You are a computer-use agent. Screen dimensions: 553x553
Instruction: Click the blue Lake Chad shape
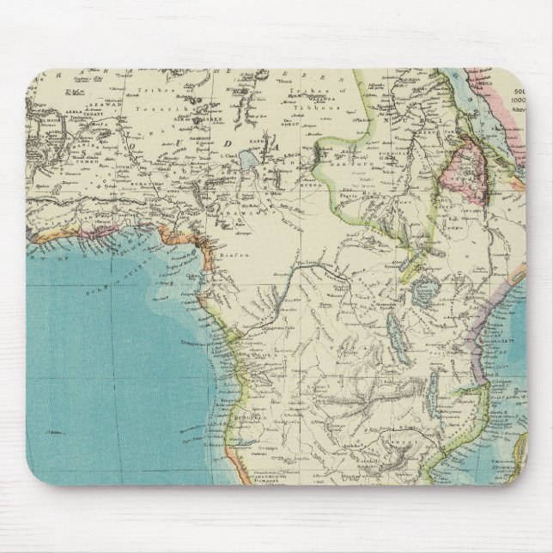point(251,160)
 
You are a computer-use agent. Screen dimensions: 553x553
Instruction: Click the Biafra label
point(228,254)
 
